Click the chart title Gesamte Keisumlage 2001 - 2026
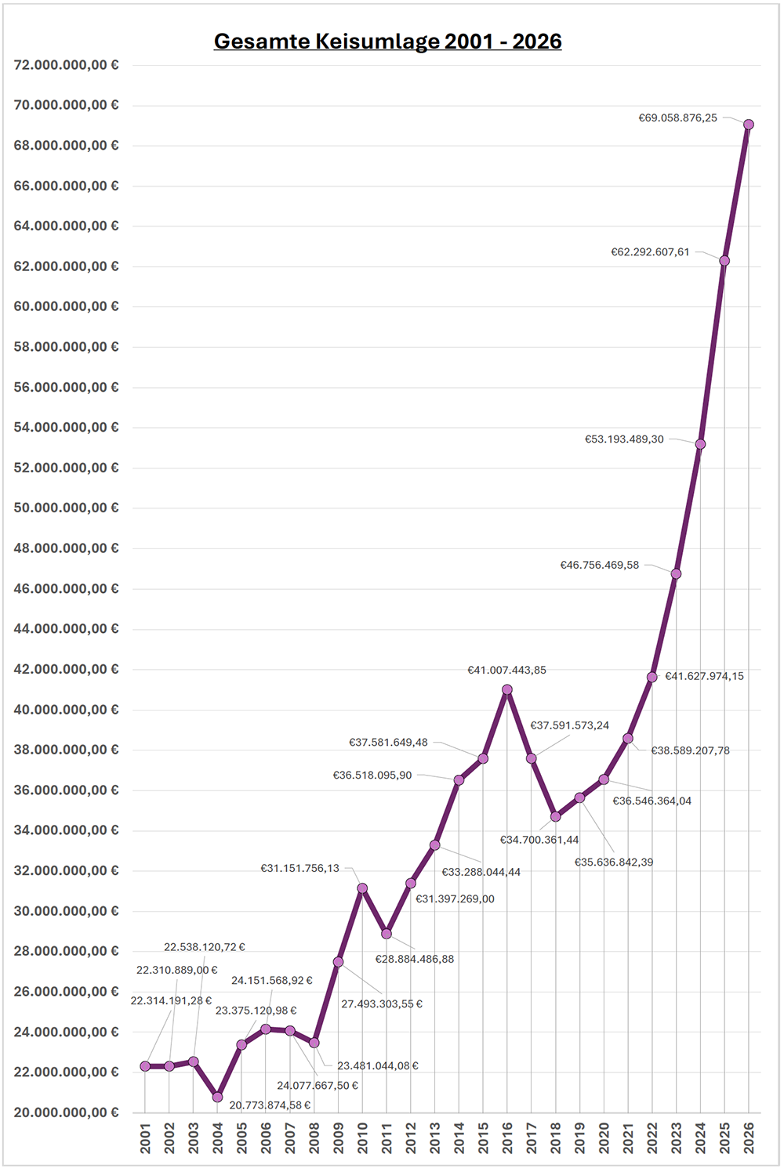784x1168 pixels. (x=387, y=42)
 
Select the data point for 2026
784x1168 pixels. (x=749, y=125)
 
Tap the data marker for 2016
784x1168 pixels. (x=507, y=690)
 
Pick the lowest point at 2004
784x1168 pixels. (x=217, y=1097)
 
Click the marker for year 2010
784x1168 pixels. (x=362, y=888)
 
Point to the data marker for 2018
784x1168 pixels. (x=556, y=816)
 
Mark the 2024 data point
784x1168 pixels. (x=700, y=444)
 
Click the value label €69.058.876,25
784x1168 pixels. (x=677, y=118)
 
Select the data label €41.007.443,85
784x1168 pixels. (x=506, y=671)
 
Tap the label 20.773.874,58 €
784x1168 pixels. (x=270, y=1105)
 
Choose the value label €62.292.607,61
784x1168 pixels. (x=650, y=252)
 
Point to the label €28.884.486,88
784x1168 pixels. (x=414, y=960)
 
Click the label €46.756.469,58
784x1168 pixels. (x=599, y=565)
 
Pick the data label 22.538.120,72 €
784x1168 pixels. (x=204, y=947)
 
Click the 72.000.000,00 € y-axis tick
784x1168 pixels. (x=67, y=65)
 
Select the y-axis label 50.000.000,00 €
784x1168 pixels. (x=67, y=508)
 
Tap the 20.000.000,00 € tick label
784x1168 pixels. (x=67, y=1112)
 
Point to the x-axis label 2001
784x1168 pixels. (x=145, y=1137)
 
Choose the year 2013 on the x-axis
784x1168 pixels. (x=435, y=1137)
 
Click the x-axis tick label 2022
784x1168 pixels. (x=652, y=1137)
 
